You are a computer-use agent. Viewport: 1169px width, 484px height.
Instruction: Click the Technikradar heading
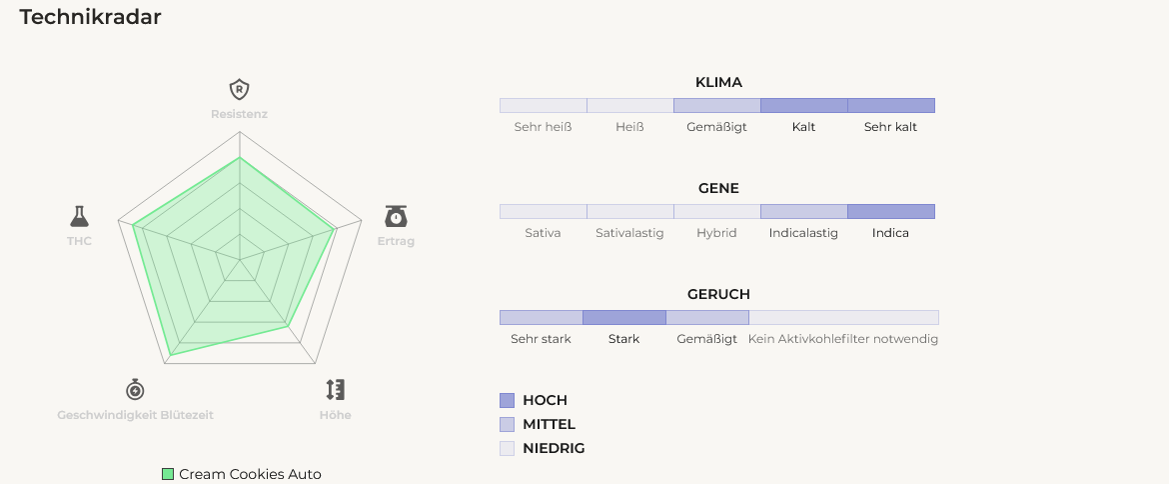[x=90, y=17]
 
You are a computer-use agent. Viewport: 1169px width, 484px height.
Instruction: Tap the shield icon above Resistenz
[x=239, y=89]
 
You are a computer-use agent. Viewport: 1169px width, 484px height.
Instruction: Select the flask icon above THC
[x=79, y=216]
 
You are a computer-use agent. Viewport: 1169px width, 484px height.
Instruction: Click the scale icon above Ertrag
[x=396, y=216]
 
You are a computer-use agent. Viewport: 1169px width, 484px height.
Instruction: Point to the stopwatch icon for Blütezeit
[x=135, y=389]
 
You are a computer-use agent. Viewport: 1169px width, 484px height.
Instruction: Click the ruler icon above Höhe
[x=336, y=389]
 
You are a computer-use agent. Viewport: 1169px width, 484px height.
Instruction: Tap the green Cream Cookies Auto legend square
[x=168, y=474]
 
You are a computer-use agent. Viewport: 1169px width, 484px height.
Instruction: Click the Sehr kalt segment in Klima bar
[x=891, y=105]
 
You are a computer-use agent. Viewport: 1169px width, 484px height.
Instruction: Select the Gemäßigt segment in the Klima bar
[x=717, y=105]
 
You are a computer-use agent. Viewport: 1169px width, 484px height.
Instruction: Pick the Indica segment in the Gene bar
[x=891, y=211]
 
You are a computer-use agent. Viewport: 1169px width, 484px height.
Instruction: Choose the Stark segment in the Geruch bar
[x=624, y=317]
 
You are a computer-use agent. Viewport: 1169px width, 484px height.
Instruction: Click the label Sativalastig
[x=630, y=233]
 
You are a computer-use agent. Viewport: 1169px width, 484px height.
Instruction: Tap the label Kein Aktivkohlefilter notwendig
[x=843, y=339]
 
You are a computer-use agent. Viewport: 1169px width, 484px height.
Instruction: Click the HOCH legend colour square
[x=507, y=400]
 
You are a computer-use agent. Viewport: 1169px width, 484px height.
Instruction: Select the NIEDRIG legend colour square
[x=507, y=448]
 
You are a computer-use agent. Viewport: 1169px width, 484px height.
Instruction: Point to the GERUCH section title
[x=718, y=295]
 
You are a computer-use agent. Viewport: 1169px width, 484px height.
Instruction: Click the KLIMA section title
[x=718, y=83]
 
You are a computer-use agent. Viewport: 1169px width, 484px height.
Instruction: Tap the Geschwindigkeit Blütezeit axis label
[x=135, y=415]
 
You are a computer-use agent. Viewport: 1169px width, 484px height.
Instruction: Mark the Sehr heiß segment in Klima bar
[x=544, y=105]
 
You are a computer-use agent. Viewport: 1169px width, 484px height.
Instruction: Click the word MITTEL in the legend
[x=549, y=424]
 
